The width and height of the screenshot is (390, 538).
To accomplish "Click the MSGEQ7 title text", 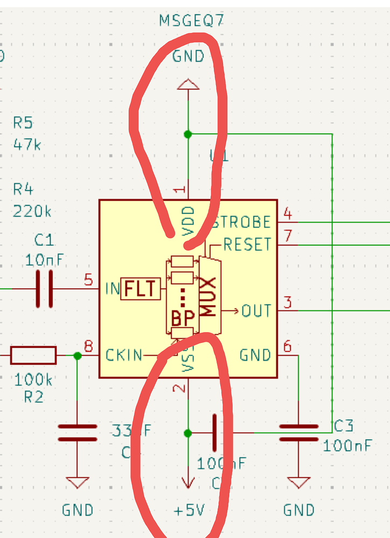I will (x=191, y=22).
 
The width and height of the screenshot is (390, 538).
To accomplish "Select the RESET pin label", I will (x=247, y=245).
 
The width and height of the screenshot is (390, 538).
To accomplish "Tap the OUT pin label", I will (x=256, y=311).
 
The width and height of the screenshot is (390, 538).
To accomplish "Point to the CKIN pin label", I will (x=124, y=355).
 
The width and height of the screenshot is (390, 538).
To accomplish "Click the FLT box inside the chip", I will (x=141, y=289).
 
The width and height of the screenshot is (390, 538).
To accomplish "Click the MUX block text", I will (x=209, y=296).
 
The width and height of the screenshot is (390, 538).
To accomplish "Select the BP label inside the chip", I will (x=182, y=318).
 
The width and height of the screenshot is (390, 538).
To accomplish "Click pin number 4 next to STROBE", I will (x=288, y=214).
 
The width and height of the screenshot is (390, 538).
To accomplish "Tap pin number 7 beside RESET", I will (x=288, y=236).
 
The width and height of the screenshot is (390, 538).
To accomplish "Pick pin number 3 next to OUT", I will (x=288, y=302).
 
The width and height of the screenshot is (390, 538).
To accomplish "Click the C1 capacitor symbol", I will (x=44, y=289).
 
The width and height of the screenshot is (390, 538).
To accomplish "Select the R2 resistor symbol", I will (x=33, y=355).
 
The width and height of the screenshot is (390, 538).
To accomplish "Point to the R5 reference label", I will (x=23, y=123).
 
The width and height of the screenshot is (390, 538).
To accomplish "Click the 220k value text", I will (x=32, y=212).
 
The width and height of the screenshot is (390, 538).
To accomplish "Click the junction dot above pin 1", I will (x=187, y=134).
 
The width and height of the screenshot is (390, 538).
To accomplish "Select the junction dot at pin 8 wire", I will (x=77, y=356).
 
